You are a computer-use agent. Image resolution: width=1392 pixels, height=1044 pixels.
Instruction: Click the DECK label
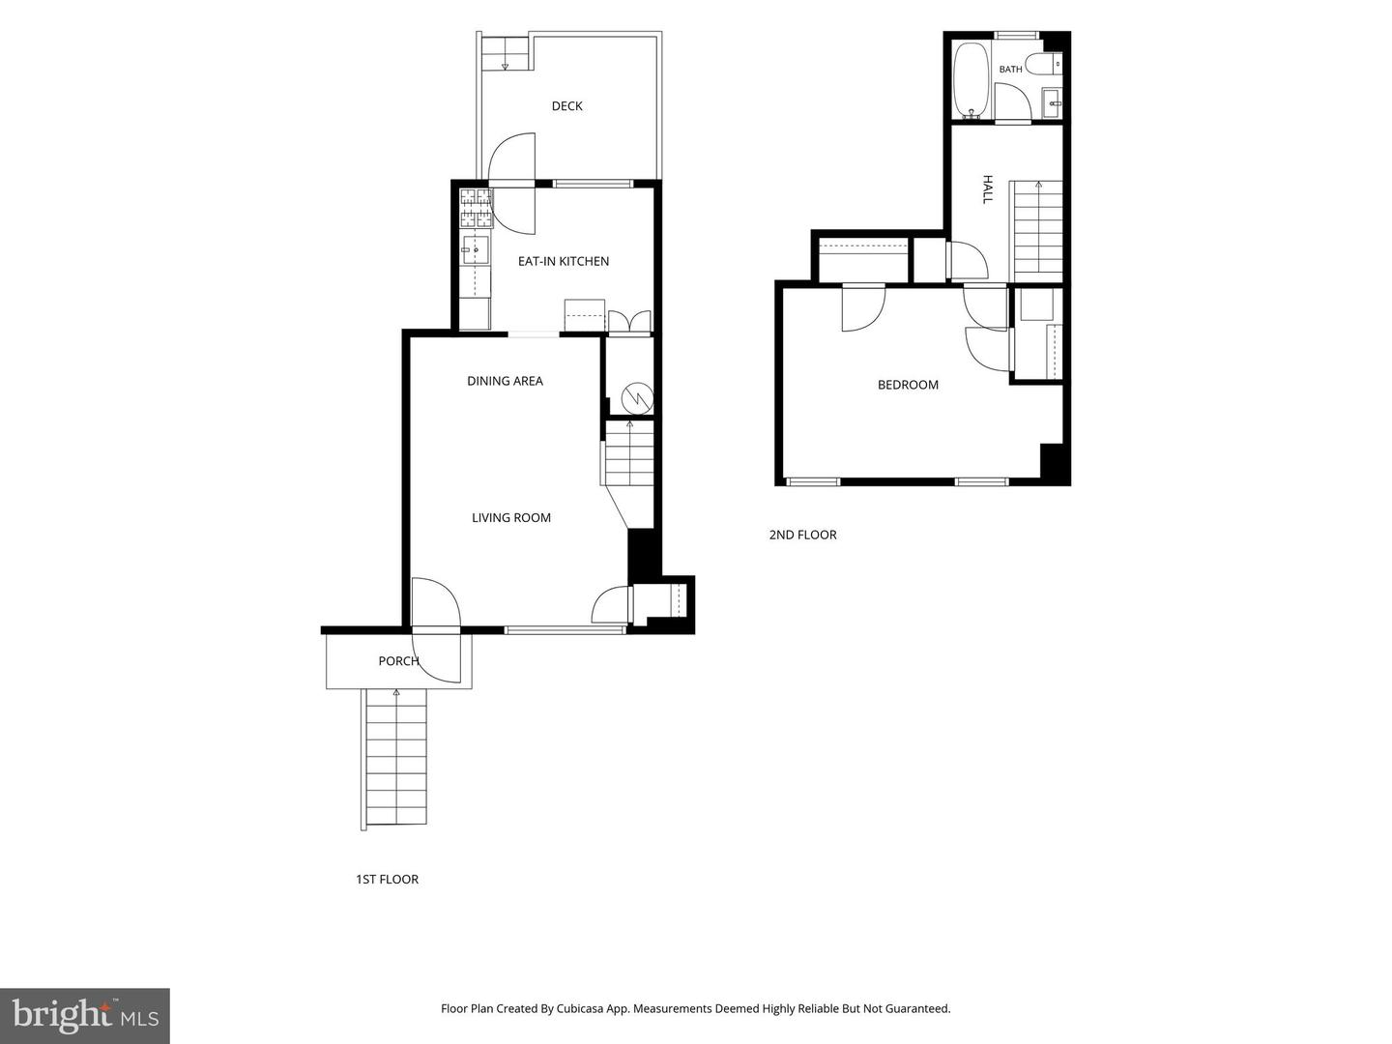pos(566,106)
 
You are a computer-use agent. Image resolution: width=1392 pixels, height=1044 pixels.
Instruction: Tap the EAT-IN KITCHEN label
pos(564,261)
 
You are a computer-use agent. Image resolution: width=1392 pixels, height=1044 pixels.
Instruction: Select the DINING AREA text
pos(505,381)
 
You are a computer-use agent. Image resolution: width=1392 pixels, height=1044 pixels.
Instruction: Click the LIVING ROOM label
pos(511,518)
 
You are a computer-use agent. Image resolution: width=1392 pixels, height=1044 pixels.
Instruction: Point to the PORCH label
pos(399,661)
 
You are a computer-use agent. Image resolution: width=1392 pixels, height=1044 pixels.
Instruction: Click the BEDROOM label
pos(908,385)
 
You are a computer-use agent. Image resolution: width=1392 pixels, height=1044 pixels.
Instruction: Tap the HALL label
pos(987,189)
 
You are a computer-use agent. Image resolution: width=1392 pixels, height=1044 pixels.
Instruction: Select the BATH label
pos(1010,69)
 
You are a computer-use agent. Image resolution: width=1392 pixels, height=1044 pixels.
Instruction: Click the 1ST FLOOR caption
pos(387,880)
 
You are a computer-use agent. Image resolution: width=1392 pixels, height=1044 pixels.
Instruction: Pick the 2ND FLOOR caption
pos(802,535)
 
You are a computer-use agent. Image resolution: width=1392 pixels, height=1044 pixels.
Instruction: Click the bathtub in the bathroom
pos(971,80)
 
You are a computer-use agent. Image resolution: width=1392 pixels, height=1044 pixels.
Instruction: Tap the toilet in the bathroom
pos(1044,64)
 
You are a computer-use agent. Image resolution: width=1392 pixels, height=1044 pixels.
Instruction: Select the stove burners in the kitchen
pos(476,209)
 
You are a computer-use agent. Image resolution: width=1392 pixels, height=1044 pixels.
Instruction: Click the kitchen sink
pos(475,249)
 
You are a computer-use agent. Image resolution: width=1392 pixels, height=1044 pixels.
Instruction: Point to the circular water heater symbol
pos(637,398)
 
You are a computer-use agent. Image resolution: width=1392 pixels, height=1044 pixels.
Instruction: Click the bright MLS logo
pos(85,1015)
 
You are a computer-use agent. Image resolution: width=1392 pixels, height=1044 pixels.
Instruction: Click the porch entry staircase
pos(393,759)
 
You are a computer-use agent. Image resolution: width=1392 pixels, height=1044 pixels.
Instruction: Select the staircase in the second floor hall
pos(1035,231)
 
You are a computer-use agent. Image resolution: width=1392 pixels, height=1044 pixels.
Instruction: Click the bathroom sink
pos(1053,103)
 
